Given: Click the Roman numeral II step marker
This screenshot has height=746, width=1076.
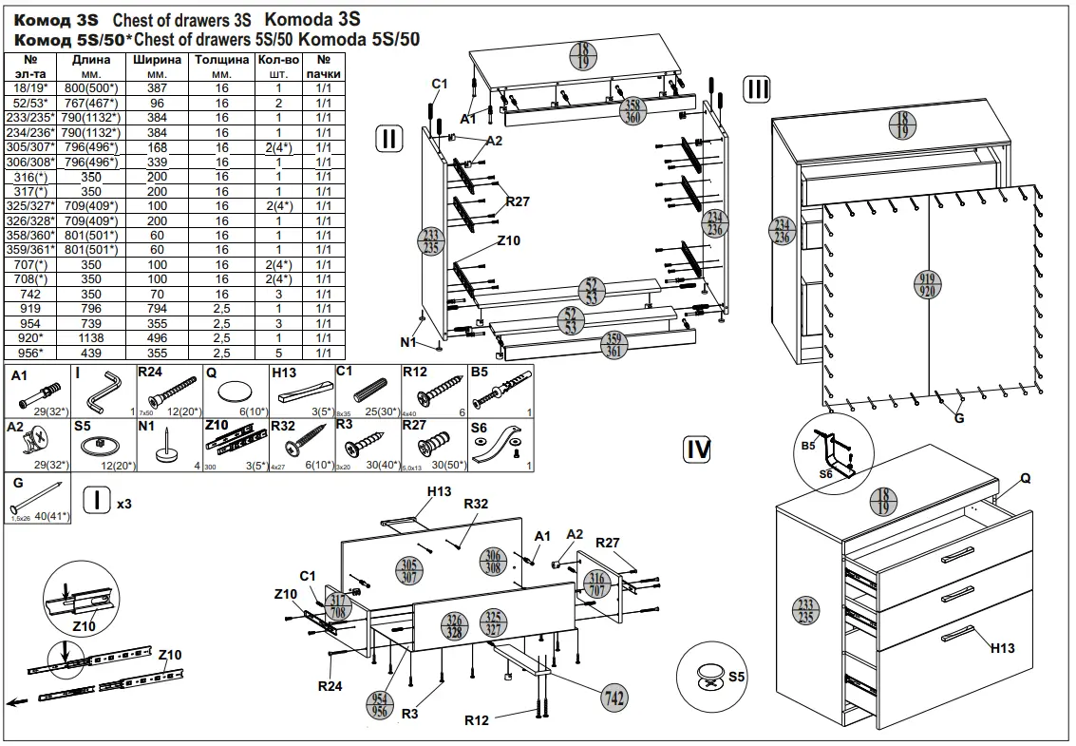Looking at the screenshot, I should point(389,138).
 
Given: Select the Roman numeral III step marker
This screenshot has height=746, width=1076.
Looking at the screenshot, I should point(757,89).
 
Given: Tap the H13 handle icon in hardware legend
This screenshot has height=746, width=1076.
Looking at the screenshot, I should point(303,391).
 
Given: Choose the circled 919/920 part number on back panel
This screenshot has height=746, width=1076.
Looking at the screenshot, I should point(927,285).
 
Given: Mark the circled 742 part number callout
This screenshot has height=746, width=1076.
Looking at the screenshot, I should point(614,697).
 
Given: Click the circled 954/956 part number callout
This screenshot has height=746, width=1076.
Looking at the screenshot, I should point(381,704).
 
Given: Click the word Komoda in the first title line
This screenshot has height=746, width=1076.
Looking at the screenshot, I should point(297,19).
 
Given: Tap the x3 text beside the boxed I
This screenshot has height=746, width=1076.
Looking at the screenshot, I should point(123,504).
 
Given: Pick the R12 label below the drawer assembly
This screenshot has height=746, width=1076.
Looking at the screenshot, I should point(477,720).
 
